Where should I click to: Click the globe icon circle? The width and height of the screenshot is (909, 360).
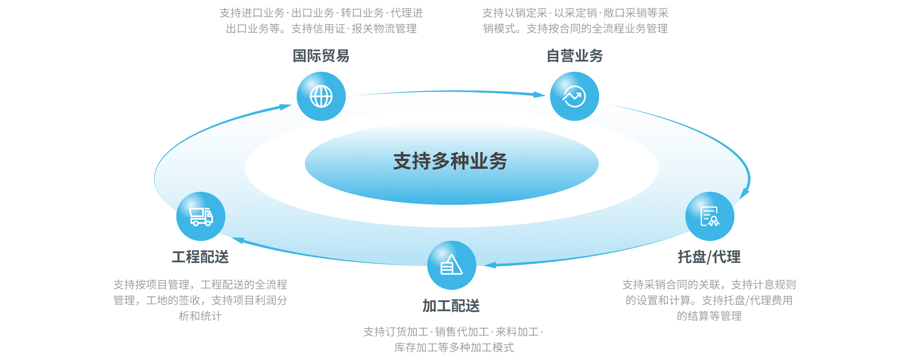pos(321,96)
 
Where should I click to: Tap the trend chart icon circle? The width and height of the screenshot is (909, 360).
pos(574,96)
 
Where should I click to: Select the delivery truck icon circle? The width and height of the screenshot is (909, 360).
pos(201,216)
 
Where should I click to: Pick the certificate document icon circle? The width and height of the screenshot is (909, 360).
pos(710,216)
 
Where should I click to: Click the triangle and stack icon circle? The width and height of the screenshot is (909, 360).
pos(451,265)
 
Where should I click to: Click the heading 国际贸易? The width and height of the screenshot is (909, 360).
pos(321,56)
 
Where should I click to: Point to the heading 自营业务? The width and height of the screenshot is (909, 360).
pos(575,56)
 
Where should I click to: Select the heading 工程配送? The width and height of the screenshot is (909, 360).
pos(200,257)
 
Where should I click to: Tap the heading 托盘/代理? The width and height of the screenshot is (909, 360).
pos(709,257)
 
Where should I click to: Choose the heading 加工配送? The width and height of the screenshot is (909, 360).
pos(451,305)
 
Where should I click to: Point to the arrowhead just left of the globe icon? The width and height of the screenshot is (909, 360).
pos(285,107)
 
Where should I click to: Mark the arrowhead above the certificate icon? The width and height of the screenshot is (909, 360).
pos(744,193)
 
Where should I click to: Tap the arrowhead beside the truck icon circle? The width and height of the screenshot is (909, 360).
pos(238,240)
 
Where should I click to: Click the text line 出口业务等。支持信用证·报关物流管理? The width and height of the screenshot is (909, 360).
pos(321,28)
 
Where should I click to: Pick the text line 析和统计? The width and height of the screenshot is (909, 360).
pos(200,316)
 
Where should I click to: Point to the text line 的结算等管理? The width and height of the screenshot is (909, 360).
pos(709,316)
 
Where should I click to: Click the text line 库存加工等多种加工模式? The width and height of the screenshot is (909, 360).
pos(454,347)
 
